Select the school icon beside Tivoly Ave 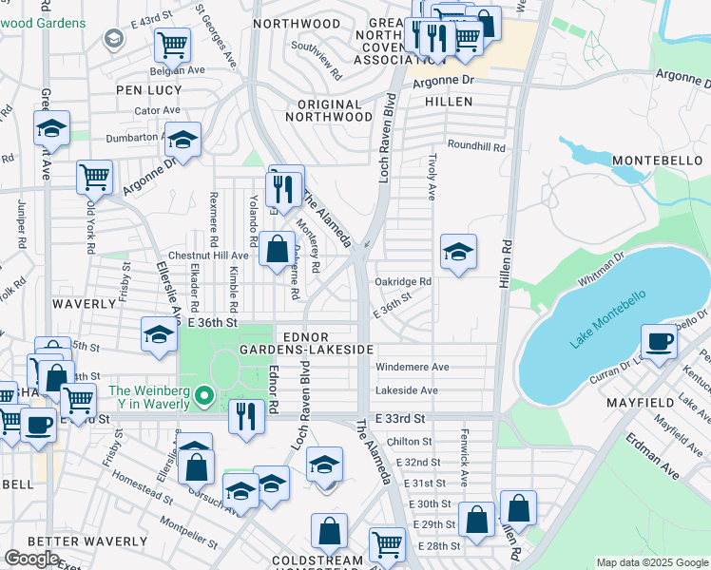point(458,253)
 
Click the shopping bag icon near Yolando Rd point(277,251)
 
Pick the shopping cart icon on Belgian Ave point(172,43)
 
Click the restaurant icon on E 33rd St point(245,414)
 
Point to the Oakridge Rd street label point(403,281)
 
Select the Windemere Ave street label point(413,367)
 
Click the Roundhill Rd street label point(477,147)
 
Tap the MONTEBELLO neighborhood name point(657,160)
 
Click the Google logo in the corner point(31,558)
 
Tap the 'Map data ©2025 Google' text point(652,562)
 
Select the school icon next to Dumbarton point(183,140)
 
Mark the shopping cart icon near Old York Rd point(95,176)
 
